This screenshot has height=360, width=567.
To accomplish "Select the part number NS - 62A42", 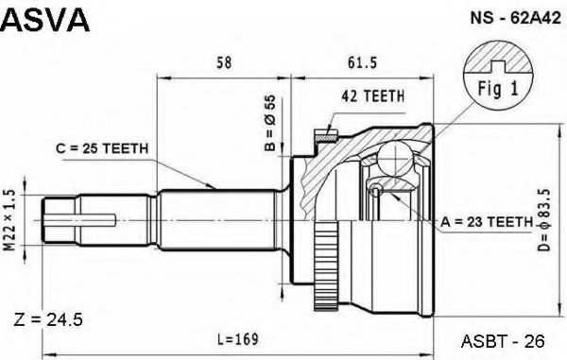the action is click(x=515, y=18).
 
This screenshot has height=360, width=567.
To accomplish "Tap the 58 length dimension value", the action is click(x=223, y=62).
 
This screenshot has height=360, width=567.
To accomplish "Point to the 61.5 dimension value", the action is click(x=362, y=62).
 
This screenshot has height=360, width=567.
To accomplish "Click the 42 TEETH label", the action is click(x=373, y=95).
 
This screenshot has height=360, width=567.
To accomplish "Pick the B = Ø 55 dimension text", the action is click(x=269, y=123).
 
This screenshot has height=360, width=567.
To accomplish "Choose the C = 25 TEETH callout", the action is click(x=102, y=148).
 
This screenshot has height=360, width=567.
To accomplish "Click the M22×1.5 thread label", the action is click(x=9, y=220).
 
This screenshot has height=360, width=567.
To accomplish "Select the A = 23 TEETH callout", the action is click(x=487, y=221).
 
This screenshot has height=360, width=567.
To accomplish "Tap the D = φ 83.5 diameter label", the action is click(x=543, y=220).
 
